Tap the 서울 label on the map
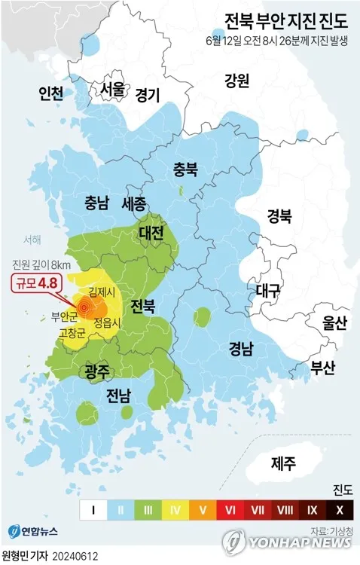(x=113, y=88)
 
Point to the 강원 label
(x=236, y=81)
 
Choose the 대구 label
(x=268, y=289)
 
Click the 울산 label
(x=334, y=323)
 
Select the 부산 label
(x=328, y=368)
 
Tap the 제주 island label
(x=283, y=463)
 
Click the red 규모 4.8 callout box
(x=35, y=283)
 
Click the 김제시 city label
(x=102, y=291)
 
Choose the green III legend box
(x=148, y=510)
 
